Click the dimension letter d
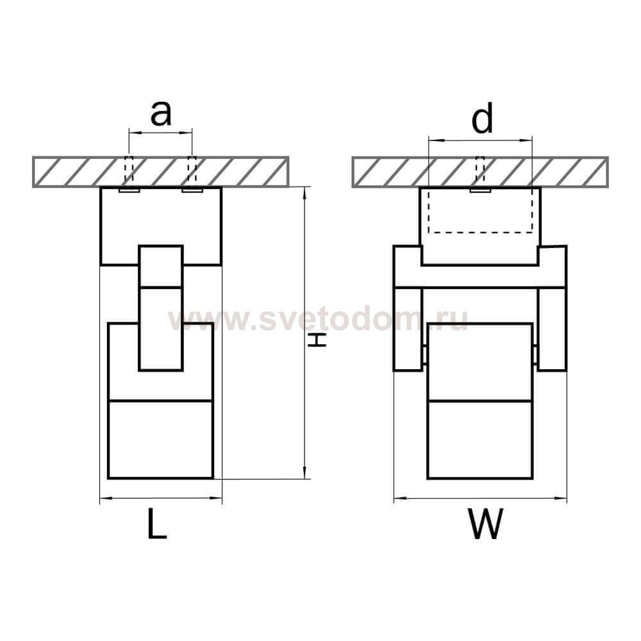(483, 117)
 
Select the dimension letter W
(485, 524)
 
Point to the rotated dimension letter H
(317, 340)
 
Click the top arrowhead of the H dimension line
(304, 194)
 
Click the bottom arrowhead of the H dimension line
(304, 472)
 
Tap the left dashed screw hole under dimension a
(129, 170)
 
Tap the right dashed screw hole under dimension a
(192, 170)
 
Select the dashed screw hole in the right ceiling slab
(480, 170)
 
